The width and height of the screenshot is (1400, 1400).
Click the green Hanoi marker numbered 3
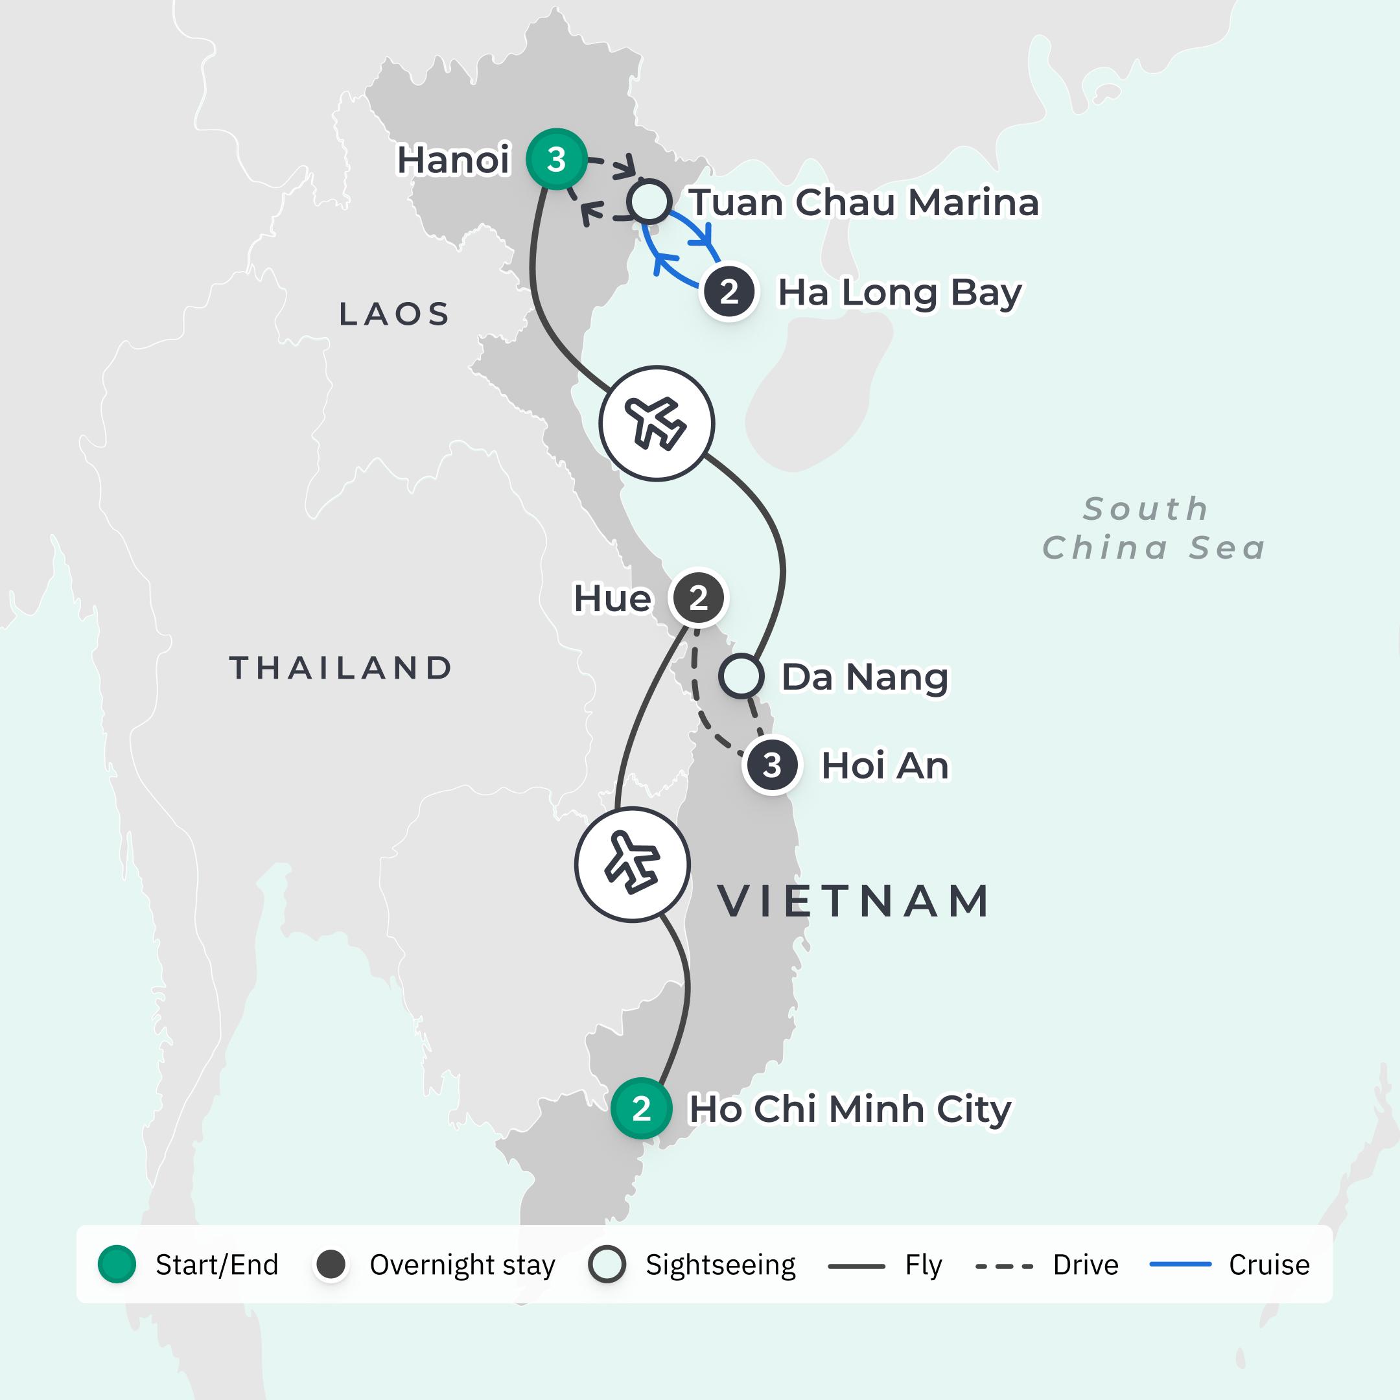click(x=556, y=159)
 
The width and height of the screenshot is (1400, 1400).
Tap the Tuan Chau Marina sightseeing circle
click(x=649, y=202)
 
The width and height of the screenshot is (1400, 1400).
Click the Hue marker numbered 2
click(x=698, y=598)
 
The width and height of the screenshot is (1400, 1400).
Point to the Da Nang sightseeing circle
click(x=741, y=676)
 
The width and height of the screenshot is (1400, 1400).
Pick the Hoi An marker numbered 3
click(x=772, y=765)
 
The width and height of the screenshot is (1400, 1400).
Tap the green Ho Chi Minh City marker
click(x=640, y=1109)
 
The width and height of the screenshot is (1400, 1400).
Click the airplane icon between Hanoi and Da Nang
click(x=656, y=423)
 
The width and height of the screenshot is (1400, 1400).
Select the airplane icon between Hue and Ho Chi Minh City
click(x=632, y=864)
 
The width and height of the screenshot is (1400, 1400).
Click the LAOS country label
click(x=394, y=314)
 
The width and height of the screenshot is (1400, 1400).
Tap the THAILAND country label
click(x=340, y=668)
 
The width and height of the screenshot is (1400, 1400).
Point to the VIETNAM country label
click(x=854, y=901)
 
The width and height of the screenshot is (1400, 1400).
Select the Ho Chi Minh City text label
click(x=849, y=1109)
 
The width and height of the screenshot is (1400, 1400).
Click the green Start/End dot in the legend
click(x=117, y=1265)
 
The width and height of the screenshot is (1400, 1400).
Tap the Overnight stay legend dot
click(x=331, y=1265)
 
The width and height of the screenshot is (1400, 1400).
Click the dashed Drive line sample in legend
click(x=1003, y=1266)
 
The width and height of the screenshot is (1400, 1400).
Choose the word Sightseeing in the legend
click(x=720, y=1265)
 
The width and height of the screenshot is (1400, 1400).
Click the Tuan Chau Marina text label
click(x=864, y=202)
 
